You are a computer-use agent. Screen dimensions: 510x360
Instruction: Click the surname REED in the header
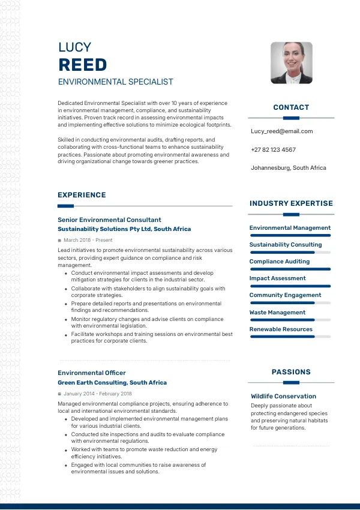click(x=83, y=65)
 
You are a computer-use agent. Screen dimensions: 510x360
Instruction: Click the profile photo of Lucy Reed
click(x=292, y=62)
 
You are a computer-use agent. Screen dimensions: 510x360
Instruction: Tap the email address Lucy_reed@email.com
click(x=281, y=131)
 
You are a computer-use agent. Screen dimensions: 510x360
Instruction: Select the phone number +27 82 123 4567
click(x=273, y=149)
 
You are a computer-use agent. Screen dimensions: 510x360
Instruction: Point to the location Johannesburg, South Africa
click(x=289, y=168)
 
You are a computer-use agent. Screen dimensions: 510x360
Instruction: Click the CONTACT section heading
click(x=291, y=107)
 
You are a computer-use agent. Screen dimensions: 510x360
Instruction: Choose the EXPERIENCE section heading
click(x=82, y=195)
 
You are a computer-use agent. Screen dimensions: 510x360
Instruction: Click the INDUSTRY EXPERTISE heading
click(x=291, y=203)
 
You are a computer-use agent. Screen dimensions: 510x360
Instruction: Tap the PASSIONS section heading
click(x=291, y=372)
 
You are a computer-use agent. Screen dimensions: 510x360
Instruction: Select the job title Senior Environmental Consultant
click(x=109, y=220)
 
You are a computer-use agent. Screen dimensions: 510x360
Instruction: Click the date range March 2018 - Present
click(x=87, y=240)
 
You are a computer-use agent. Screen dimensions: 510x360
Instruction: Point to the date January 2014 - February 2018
click(x=97, y=394)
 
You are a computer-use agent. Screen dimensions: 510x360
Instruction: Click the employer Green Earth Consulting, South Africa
click(x=112, y=382)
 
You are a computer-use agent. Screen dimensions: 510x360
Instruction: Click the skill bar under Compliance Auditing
click(x=290, y=269)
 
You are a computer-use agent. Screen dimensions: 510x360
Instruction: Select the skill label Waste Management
click(x=277, y=312)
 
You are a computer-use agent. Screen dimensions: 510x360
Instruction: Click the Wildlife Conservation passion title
click(x=283, y=396)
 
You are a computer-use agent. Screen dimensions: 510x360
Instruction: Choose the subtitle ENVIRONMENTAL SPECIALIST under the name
click(x=116, y=82)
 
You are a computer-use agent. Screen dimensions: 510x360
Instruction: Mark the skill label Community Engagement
click(x=286, y=295)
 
